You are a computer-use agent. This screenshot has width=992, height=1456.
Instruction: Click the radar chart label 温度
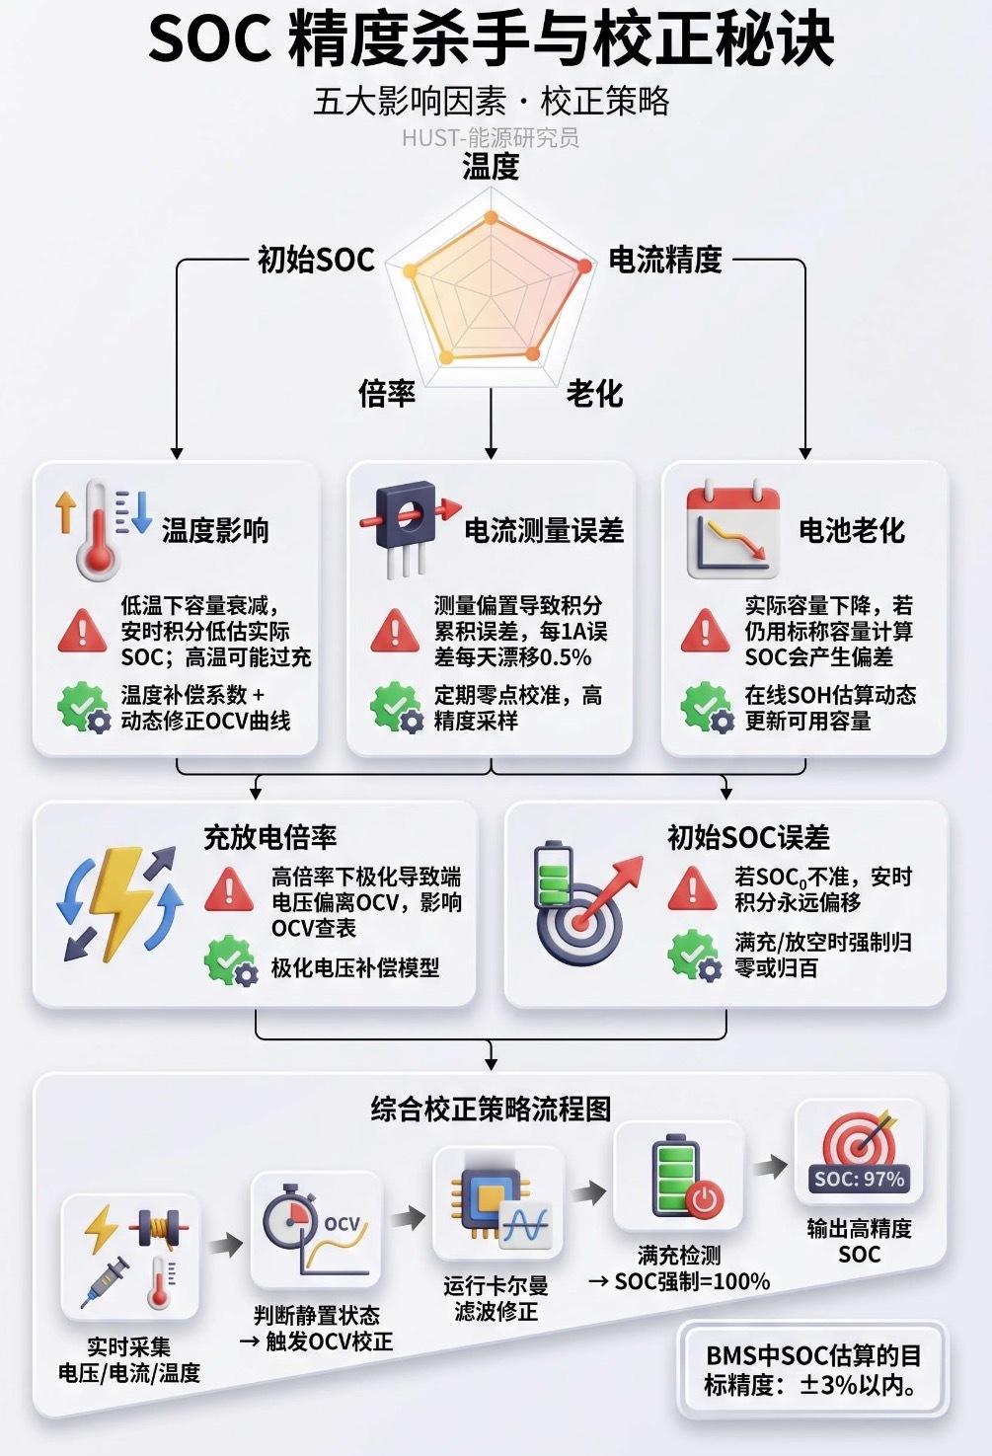click(x=491, y=166)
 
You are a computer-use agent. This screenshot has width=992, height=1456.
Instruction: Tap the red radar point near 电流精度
click(x=584, y=266)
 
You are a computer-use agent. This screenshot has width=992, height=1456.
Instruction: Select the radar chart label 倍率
click(x=387, y=393)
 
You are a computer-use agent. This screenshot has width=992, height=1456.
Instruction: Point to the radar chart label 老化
click(x=594, y=393)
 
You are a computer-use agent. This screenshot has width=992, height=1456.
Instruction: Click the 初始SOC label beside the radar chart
click(x=316, y=260)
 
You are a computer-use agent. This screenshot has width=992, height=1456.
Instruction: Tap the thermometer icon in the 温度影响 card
click(x=96, y=530)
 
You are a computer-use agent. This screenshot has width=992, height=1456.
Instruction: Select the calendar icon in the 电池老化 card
click(x=732, y=530)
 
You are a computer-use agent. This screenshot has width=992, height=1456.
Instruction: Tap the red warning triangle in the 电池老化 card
click(x=705, y=631)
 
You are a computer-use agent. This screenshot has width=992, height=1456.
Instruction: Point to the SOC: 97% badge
click(x=859, y=1179)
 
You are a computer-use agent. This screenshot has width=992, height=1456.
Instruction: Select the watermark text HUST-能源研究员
click(x=491, y=138)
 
